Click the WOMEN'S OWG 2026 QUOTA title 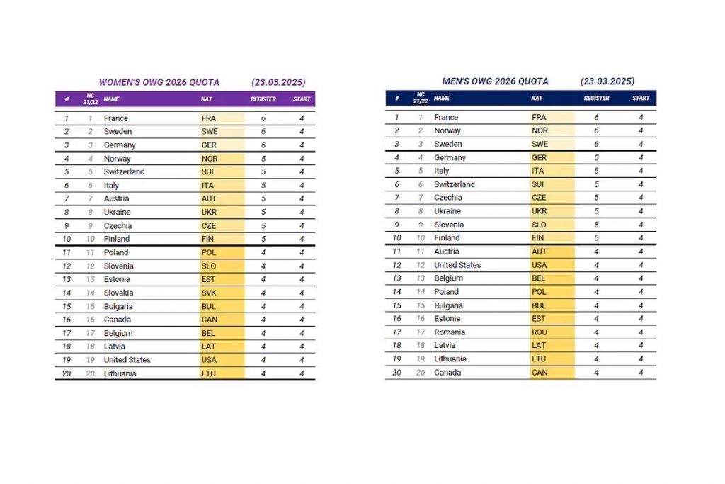159,82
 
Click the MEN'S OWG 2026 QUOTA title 495,81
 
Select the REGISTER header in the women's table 263,99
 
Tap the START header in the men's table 641,99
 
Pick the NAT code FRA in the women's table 209,118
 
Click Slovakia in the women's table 119,293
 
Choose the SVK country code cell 209,293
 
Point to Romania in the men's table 450,332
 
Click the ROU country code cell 540,332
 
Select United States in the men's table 457,265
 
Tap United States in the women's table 127,360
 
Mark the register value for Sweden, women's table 263,132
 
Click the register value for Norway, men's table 596,130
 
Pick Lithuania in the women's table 120,373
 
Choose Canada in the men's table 447,372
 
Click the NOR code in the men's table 540,130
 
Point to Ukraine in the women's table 118,212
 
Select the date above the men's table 607,81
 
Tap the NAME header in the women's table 111,99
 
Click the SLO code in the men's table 539,225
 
